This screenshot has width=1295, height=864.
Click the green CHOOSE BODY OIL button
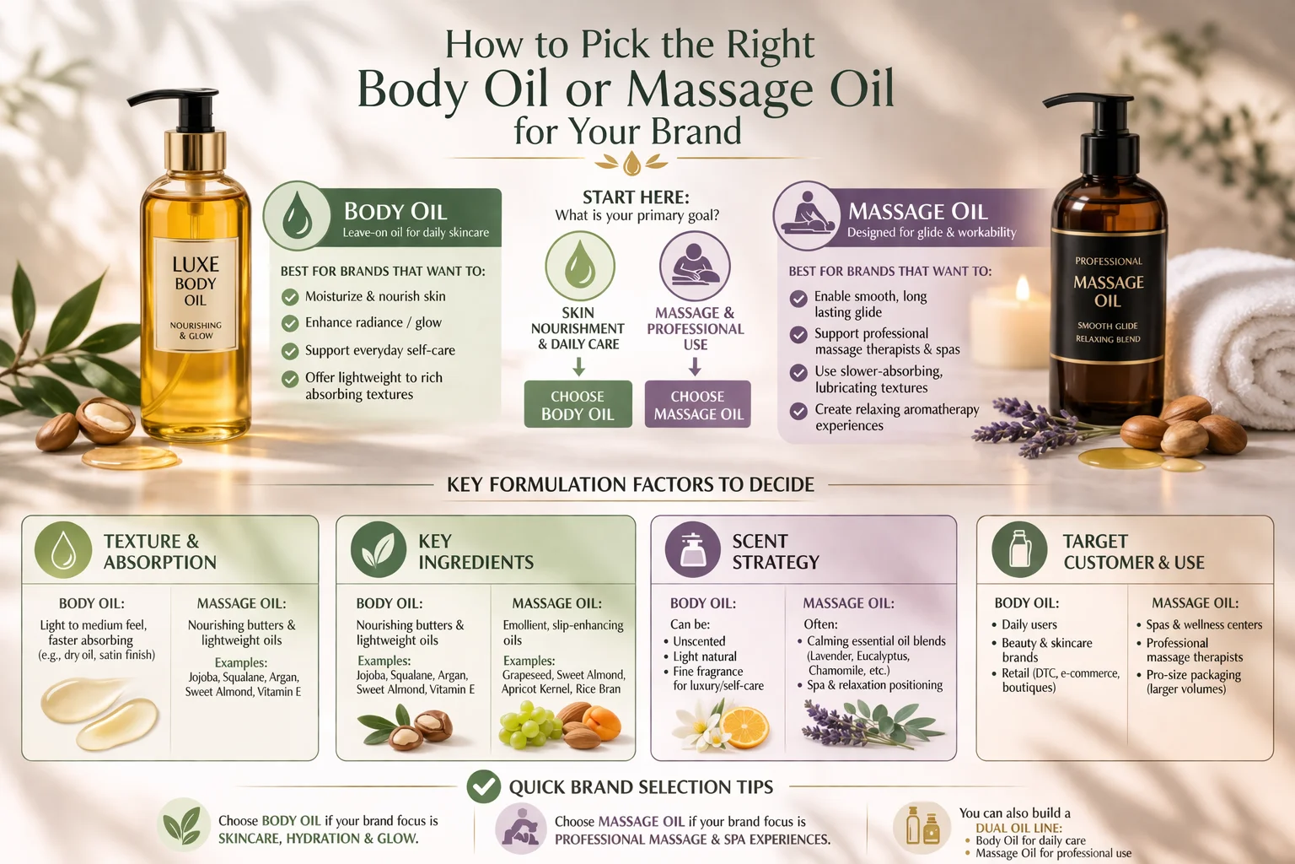[578, 405]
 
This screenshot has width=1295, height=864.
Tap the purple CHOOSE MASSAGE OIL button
[698, 405]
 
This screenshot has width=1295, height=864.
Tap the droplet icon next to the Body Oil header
[297, 216]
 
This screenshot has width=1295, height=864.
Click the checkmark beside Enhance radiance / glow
[290, 323]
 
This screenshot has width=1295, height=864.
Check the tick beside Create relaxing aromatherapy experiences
[798, 411]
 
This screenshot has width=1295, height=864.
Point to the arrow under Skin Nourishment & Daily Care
[578, 366]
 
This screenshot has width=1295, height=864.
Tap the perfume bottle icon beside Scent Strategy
[693, 549]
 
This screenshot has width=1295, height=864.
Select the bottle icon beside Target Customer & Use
[1019, 549]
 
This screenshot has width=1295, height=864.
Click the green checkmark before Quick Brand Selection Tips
[484, 786]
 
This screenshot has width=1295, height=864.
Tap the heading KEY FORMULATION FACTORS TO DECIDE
[631, 484]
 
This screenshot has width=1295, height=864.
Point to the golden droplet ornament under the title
[631, 162]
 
